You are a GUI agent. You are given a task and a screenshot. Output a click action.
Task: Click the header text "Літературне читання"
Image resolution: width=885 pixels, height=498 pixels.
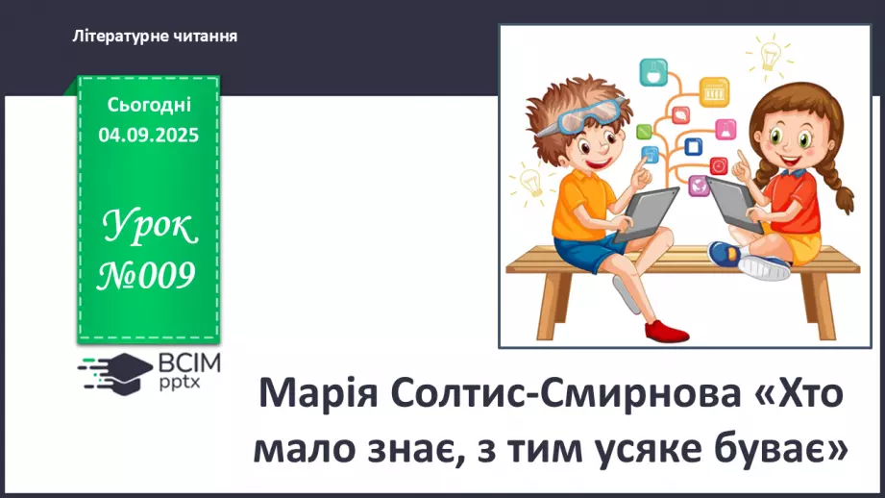point(155,36)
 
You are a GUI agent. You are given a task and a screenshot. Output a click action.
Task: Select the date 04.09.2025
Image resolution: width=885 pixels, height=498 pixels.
point(149,136)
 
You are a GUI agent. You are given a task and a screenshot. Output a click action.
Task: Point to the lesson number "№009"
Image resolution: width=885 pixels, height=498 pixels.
point(148,277)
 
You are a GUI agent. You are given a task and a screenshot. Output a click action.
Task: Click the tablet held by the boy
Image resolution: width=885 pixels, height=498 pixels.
point(647,212)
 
